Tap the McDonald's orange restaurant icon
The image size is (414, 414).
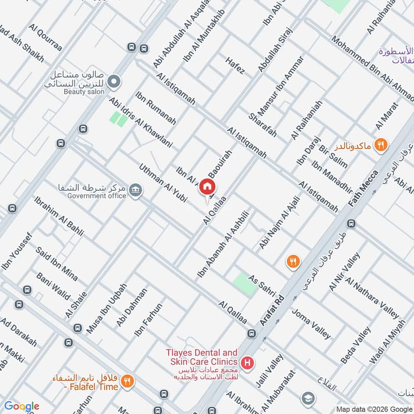381,144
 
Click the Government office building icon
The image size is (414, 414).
136,189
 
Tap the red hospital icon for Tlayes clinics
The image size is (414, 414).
248,362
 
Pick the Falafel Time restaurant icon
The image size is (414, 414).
127,382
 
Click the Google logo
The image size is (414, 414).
22,406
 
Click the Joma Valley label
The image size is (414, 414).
311,323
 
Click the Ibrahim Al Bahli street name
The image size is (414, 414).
58,216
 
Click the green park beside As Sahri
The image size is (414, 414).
244,284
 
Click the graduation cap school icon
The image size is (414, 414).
308,397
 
